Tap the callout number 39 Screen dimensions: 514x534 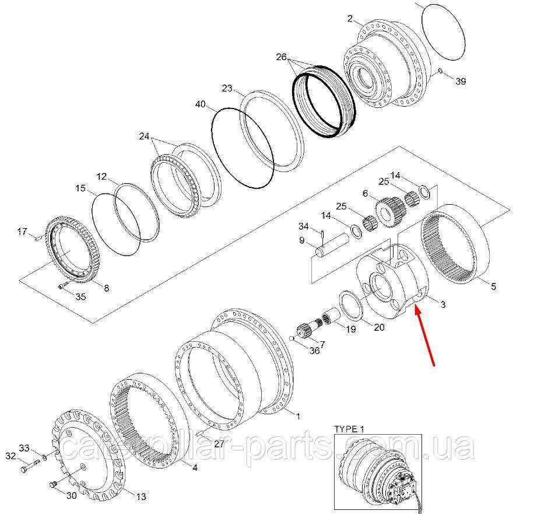click(460, 82)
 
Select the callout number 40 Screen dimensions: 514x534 click(200, 104)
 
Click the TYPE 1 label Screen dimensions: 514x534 click(348, 429)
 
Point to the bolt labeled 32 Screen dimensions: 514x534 click(26, 468)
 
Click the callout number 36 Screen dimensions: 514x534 click(314, 351)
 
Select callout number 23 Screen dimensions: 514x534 click(227, 89)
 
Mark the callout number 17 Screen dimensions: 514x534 click(22, 232)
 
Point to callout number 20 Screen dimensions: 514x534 click(379, 328)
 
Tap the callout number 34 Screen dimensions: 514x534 click(304, 226)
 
